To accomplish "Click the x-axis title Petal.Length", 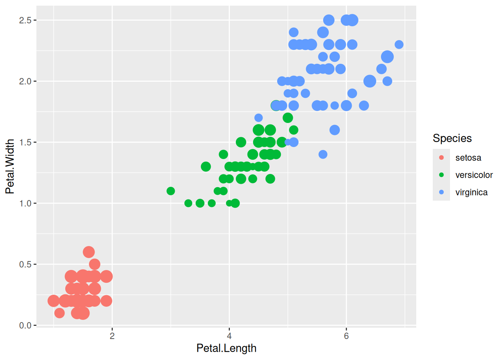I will [226, 348].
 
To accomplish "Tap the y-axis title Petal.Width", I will [10, 166].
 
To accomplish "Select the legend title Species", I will [452, 138].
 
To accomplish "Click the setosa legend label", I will [468, 158].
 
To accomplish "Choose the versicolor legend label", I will [474, 175].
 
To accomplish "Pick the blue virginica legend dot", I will [441, 192].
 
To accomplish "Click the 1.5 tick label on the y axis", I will [25, 142].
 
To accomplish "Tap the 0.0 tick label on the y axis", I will [25, 325].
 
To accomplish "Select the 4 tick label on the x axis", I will [229, 336].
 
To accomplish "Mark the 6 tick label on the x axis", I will [346, 336].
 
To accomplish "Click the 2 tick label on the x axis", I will [112, 336].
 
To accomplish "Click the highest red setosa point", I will [89, 252].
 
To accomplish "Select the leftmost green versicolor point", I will [171, 191].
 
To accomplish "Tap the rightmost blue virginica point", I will [399, 45].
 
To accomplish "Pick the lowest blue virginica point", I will [323, 154].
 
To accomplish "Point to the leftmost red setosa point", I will [54, 301].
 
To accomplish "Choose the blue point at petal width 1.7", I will [258, 118].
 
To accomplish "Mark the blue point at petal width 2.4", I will [294, 32].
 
